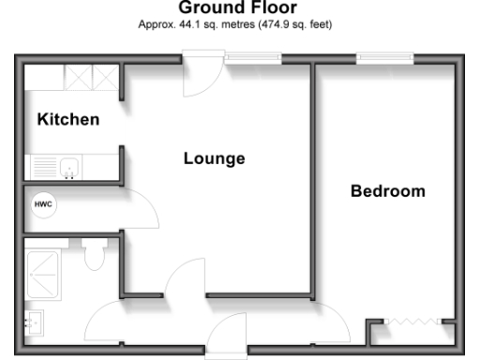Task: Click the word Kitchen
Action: pos(67,120)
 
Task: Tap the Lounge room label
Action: pos(214,158)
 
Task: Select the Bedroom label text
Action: pos(387,191)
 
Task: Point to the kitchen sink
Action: pos(67,168)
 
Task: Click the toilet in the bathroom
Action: pos(94,253)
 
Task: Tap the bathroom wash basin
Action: pos(35,322)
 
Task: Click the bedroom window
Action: pos(385,59)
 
